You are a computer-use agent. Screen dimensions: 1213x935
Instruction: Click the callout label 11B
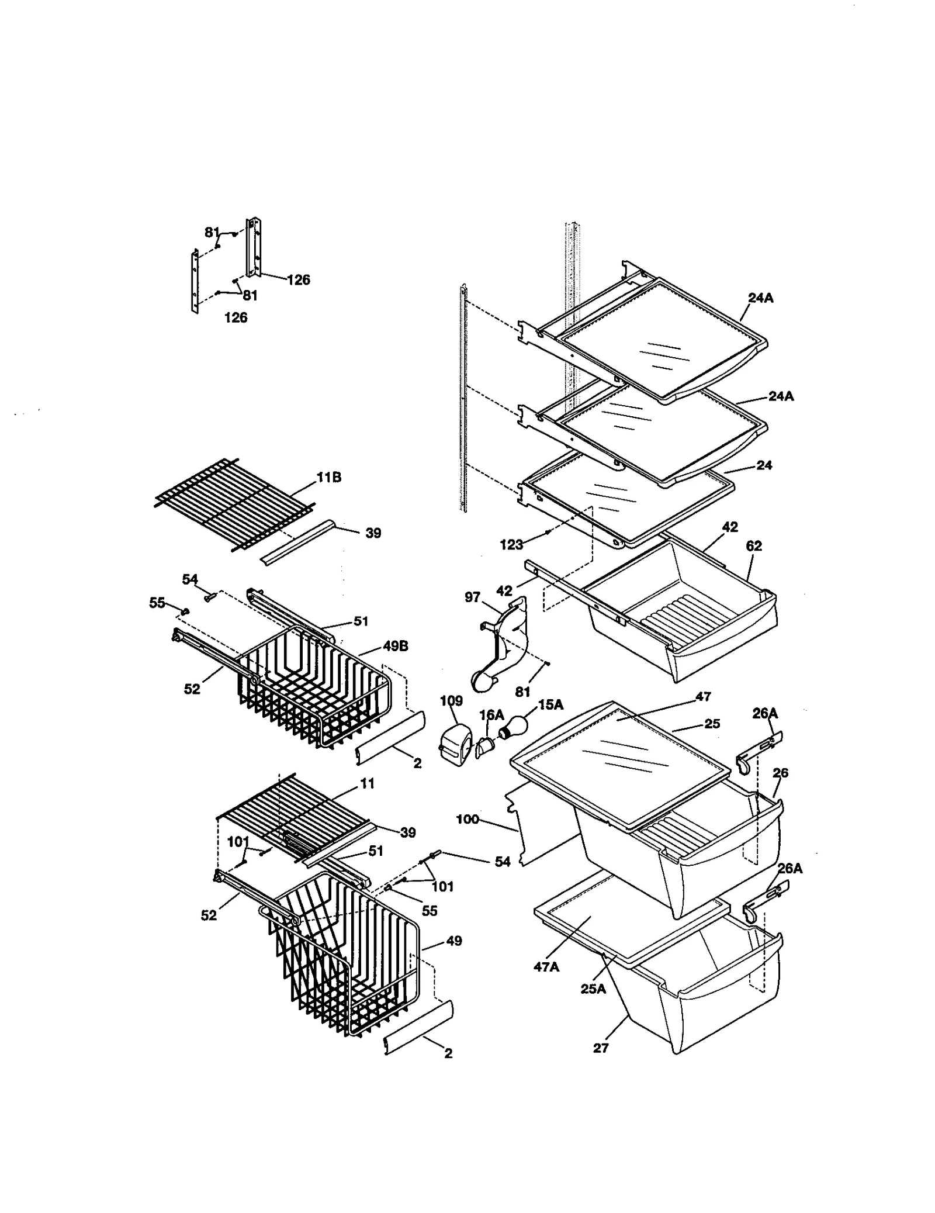pos(329,478)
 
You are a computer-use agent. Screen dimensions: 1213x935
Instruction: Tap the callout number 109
pos(451,701)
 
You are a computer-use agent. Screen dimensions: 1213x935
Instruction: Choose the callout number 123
pos(511,545)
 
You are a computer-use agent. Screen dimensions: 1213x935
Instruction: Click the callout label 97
pos(472,597)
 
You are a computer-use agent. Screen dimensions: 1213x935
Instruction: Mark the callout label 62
pos(754,546)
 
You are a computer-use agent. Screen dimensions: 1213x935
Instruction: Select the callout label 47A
pos(546,967)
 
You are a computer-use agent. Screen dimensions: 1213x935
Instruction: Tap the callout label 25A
pos(593,989)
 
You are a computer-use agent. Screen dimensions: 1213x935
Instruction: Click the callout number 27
pos(601,1048)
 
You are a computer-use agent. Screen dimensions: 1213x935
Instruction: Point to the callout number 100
pos(467,819)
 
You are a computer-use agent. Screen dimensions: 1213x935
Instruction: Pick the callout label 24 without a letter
pos(764,465)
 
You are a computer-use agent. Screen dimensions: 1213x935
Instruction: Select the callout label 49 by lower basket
pos(453,941)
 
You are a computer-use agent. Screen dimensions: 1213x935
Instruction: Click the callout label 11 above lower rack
pos(368,783)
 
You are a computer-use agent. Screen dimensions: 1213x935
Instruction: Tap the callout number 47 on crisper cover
pos(703,696)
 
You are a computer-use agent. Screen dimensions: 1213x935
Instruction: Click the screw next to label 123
pos(547,532)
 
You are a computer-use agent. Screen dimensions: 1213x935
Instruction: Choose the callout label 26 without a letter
pos(780,773)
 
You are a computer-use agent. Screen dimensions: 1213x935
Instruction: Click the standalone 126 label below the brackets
pos(236,317)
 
